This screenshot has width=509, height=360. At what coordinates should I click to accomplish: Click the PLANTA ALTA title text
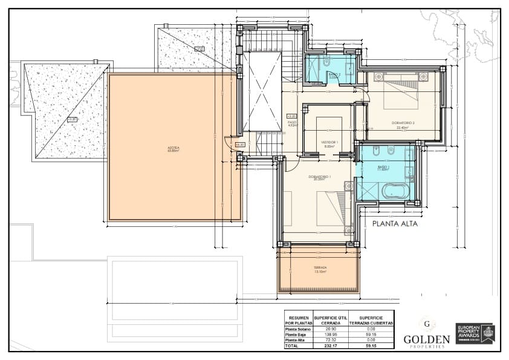[x=395, y=223]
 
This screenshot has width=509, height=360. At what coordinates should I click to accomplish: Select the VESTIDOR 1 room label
[x=329, y=143]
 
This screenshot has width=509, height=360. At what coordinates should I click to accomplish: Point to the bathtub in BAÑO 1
[x=395, y=191]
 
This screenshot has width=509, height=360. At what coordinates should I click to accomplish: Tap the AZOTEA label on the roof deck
[x=175, y=148]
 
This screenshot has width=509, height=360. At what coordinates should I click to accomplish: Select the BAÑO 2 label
[x=334, y=75]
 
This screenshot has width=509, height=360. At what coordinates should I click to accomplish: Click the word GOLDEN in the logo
[x=427, y=339]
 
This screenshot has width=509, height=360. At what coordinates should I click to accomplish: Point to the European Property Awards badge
[x=475, y=333]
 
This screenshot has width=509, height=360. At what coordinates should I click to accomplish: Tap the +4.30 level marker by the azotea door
[x=240, y=145]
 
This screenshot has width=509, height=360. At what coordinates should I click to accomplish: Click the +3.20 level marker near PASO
[x=291, y=116]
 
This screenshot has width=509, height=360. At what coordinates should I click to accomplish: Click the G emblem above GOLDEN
[x=427, y=323]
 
